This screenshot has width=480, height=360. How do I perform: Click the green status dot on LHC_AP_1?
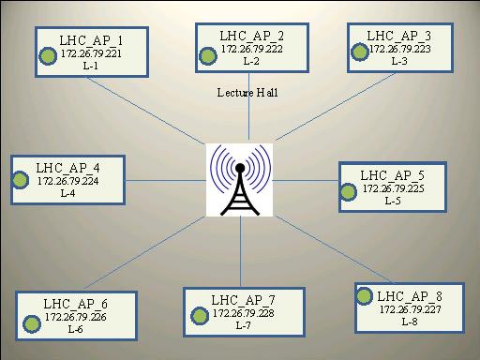(x=45, y=55)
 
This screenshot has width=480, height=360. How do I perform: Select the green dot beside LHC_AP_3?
(x=359, y=51)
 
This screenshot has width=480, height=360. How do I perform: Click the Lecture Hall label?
(x=247, y=92)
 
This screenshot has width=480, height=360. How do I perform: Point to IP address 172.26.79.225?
(x=393, y=188)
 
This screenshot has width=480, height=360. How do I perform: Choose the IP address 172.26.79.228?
(x=244, y=312)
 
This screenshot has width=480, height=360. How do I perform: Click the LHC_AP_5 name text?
(x=393, y=175)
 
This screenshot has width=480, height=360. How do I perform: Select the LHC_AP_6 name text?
(x=75, y=304)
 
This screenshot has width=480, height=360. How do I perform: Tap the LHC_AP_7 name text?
(x=244, y=299)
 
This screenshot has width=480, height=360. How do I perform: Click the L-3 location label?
(x=399, y=61)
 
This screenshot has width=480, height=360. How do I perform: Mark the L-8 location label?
(x=409, y=322)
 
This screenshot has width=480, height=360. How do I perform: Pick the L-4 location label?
(x=67, y=193)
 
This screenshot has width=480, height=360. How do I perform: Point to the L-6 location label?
(x=75, y=330)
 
